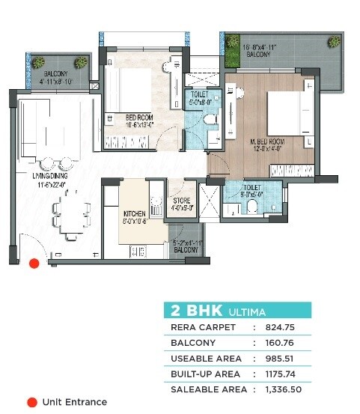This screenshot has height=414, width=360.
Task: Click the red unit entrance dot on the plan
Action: tap(32, 263)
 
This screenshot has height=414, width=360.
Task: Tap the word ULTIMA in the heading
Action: tap(245, 311)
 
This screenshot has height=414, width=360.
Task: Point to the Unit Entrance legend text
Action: tap(74, 402)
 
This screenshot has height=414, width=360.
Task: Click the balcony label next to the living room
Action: tap(55, 78)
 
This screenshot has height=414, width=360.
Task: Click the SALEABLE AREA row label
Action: tap(204, 389)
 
